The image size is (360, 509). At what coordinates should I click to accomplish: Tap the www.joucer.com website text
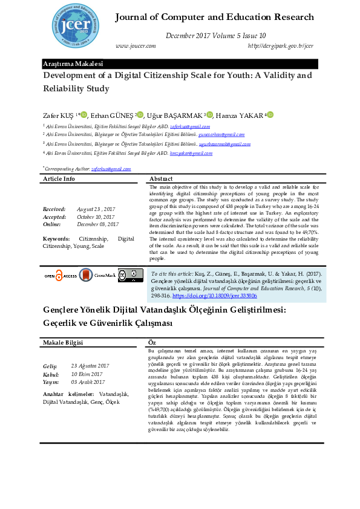pyautogui.click(x=135, y=46)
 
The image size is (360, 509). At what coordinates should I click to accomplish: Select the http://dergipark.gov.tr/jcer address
pyautogui.click(x=280, y=46)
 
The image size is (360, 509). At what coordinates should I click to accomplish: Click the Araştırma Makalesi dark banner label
pyautogui.click(x=73, y=63)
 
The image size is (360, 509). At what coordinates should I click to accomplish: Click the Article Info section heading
pyautogui.click(x=59, y=179)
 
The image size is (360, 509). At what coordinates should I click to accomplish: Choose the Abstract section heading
pyautogui.click(x=161, y=179)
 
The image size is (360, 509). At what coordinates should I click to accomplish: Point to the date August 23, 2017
pyautogui.click(x=96, y=209)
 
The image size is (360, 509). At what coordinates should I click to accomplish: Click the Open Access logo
pyautogui.click(x=61, y=276)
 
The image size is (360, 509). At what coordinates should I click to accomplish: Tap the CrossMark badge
pyautogui.click(x=97, y=276)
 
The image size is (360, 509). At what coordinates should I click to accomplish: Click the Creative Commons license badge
pyautogui.click(x=130, y=276)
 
